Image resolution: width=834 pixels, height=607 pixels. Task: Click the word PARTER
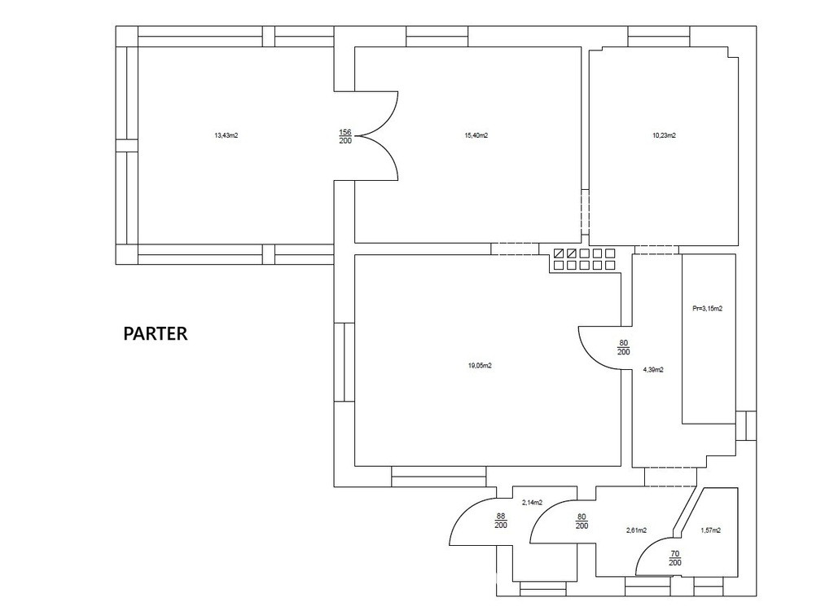(x=156, y=333)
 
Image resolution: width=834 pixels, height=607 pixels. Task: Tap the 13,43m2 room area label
(x=226, y=135)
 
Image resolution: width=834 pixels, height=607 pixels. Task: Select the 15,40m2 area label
(x=476, y=135)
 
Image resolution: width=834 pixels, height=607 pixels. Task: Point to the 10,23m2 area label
(x=664, y=135)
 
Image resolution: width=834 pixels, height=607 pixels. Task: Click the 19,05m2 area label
(x=480, y=366)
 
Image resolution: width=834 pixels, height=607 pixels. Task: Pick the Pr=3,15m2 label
(x=708, y=309)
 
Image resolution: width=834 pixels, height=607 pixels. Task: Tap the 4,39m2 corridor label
(x=653, y=370)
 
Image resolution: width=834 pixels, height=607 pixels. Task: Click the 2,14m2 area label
(x=532, y=502)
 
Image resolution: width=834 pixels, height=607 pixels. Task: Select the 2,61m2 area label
(x=636, y=530)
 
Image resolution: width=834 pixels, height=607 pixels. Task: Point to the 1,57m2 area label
(x=710, y=530)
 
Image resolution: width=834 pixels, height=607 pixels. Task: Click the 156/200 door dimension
(x=345, y=136)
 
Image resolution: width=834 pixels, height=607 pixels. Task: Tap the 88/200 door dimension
(x=501, y=521)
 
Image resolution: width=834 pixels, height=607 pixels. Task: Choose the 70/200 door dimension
(x=675, y=558)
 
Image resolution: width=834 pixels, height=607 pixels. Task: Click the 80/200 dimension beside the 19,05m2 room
(x=624, y=347)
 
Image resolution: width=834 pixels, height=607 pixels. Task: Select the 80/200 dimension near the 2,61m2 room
(x=582, y=521)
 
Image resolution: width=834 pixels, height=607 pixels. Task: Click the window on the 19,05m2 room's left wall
(x=345, y=362)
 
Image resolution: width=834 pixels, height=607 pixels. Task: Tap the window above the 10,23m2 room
(x=658, y=37)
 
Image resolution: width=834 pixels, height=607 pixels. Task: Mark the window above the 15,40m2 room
(x=437, y=37)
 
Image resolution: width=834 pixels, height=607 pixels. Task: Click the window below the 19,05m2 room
(x=439, y=477)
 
